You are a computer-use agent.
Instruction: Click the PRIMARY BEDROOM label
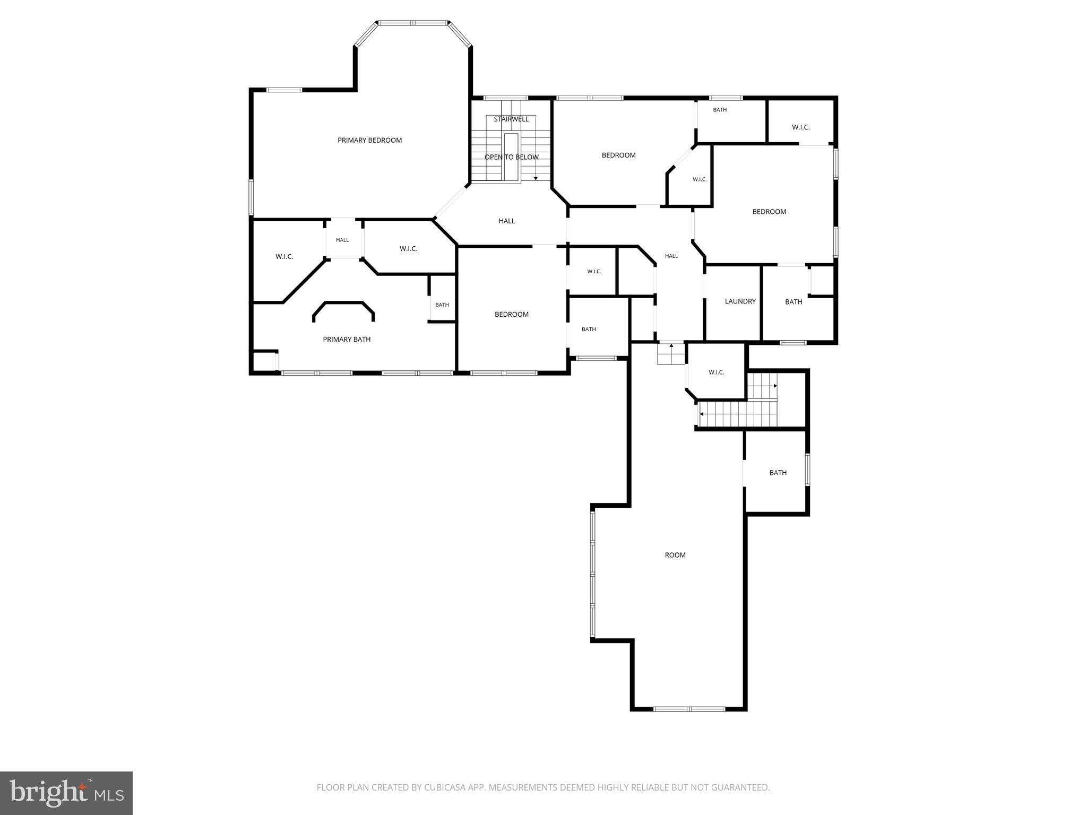pos(369,140)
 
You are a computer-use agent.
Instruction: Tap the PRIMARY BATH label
pos(347,339)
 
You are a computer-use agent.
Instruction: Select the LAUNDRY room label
pos(740,301)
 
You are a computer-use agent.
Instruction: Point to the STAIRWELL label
pos(511,119)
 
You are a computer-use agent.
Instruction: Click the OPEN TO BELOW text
pos(511,157)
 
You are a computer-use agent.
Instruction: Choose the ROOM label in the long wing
pos(675,555)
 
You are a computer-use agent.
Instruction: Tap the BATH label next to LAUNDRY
pos(793,302)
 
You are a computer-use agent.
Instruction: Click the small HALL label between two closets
pos(342,240)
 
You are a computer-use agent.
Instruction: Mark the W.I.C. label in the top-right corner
pos(800,127)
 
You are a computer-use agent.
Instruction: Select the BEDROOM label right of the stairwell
pos(618,155)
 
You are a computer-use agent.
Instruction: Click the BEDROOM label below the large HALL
pos(511,314)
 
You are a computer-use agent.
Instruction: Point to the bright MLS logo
pos(66,793)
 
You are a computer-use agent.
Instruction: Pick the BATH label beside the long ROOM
pos(778,473)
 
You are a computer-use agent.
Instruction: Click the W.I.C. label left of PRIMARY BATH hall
pos(284,257)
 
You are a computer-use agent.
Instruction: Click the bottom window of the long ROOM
pos(688,708)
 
